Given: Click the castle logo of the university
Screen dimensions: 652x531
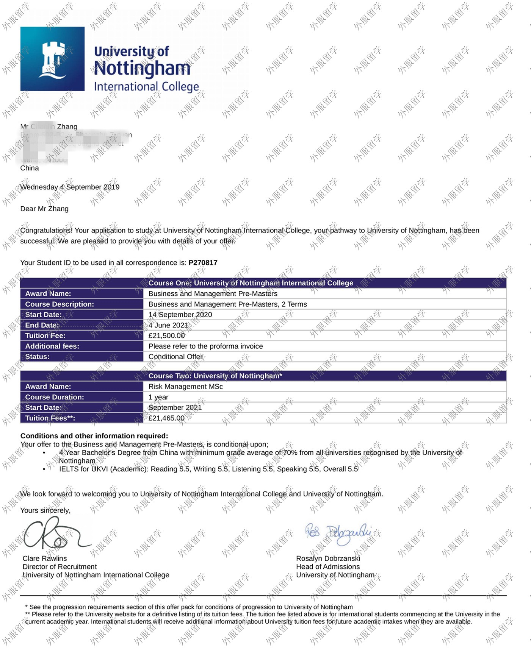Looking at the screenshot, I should pyautogui.click(x=53, y=59).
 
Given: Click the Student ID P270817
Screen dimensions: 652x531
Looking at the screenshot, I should pyautogui.click(x=203, y=262).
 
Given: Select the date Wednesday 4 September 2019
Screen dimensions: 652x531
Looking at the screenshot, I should pyautogui.click(x=70, y=187).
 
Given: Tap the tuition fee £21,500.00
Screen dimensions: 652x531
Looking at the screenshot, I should pyautogui.click(x=167, y=335).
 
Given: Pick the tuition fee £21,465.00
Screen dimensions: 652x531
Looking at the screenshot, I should pyautogui.click(x=166, y=418).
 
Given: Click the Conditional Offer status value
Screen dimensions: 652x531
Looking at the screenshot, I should pyautogui.click(x=175, y=357).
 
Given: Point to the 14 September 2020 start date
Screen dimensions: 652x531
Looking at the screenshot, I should pyautogui.click(x=180, y=315).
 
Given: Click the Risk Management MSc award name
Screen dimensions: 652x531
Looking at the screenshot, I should pyautogui.click(x=185, y=387).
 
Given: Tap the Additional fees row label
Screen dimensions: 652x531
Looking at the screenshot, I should pyautogui.click(x=52, y=346).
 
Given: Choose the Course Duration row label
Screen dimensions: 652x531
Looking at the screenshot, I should pyautogui.click(x=55, y=397).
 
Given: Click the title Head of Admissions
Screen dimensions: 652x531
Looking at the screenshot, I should pyautogui.click(x=328, y=566).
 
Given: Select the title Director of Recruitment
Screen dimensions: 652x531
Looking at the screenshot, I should pyautogui.click(x=60, y=566).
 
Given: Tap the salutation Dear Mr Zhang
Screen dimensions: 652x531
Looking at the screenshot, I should pyautogui.click(x=44, y=209).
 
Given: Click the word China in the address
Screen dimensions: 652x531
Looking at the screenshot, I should pyautogui.click(x=30, y=168).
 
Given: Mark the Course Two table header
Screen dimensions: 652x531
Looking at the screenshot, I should pyautogui.click(x=215, y=376).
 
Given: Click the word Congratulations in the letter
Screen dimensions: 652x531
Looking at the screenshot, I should pyautogui.click(x=46, y=230).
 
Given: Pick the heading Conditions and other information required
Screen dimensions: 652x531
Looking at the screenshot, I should pyautogui.click(x=94, y=436).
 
